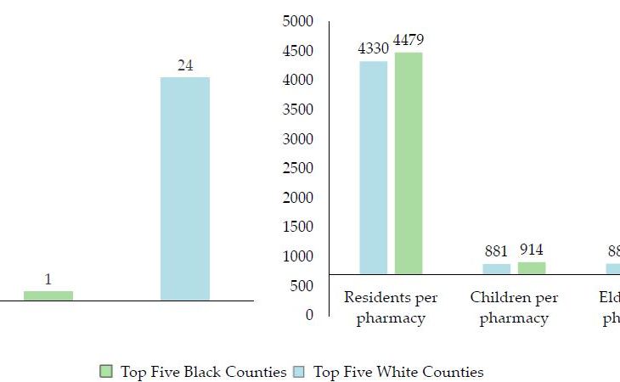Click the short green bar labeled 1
(48, 295)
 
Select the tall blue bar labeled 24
(185, 188)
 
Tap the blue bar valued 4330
(374, 167)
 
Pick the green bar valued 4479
(408, 163)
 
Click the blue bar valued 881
(497, 268)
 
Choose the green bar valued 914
(532, 267)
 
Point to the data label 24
(185, 65)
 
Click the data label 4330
(373, 48)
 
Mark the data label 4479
(408, 40)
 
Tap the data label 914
(532, 250)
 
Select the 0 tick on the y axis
(309, 315)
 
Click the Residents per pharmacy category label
(391, 308)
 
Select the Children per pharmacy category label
(514, 308)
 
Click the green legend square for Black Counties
(106, 372)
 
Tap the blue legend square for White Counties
(299, 372)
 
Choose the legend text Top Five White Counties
(398, 372)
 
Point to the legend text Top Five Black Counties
(203, 372)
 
